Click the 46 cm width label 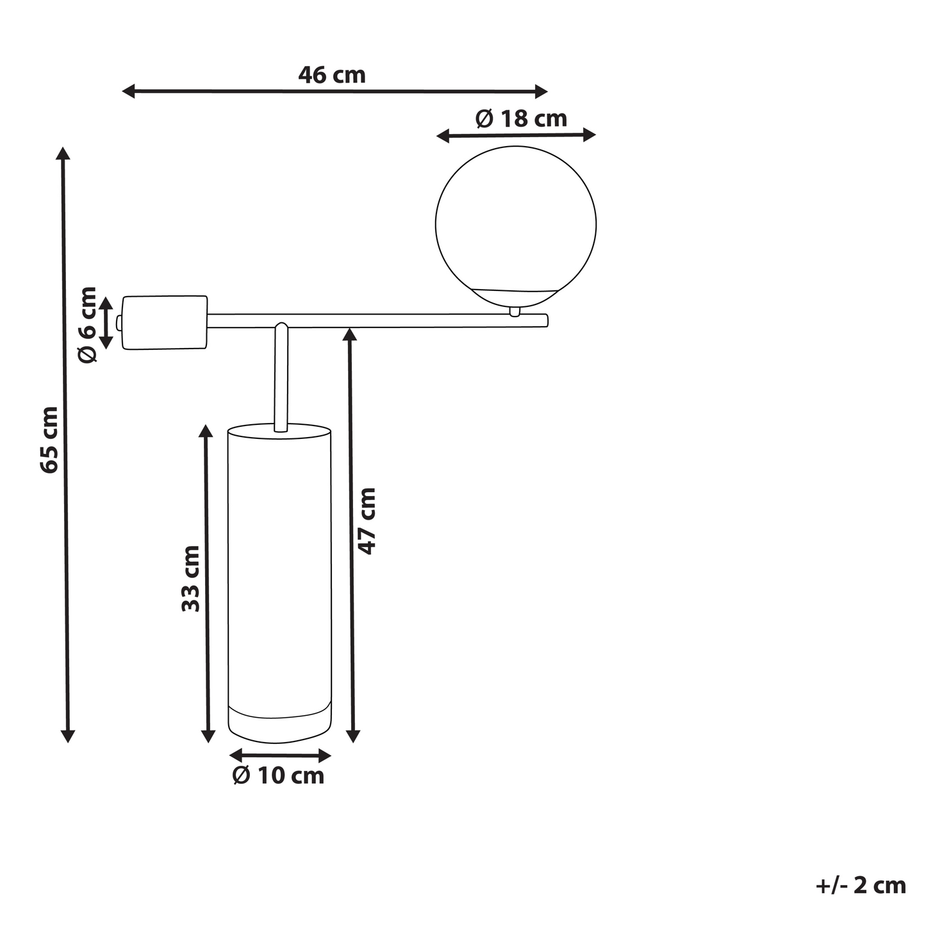(332, 76)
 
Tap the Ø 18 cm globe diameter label (522, 119)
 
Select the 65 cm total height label (49, 440)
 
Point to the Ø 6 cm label (87, 325)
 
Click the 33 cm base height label (191, 579)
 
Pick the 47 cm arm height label (367, 522)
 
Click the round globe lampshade (516, 226)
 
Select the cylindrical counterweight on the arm (165, 322)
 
